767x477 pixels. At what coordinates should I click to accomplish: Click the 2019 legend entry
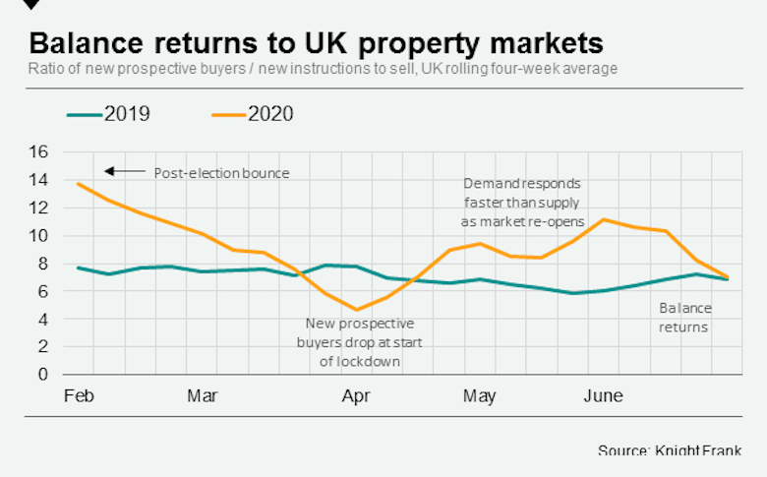(108, 114)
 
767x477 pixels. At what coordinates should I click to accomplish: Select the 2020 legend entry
(252, 114)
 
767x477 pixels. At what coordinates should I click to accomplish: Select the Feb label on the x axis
(78, 396)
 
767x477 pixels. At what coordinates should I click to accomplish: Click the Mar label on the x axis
(202, 396)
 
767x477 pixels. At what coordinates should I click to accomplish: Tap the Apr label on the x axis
(356, 396)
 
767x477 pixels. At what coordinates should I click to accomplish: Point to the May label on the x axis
(479, 396)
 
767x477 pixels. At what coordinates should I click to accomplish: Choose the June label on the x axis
(603, 396)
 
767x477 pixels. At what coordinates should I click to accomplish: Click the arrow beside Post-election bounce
(124, 172)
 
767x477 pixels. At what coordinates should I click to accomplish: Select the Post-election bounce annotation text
(221, 173)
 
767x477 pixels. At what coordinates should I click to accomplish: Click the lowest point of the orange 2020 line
(357, 310)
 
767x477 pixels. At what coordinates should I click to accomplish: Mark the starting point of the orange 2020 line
(78, 184)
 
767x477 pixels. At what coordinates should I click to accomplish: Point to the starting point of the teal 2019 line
(78, 268)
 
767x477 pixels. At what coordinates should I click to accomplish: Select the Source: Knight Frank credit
(668, 449)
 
